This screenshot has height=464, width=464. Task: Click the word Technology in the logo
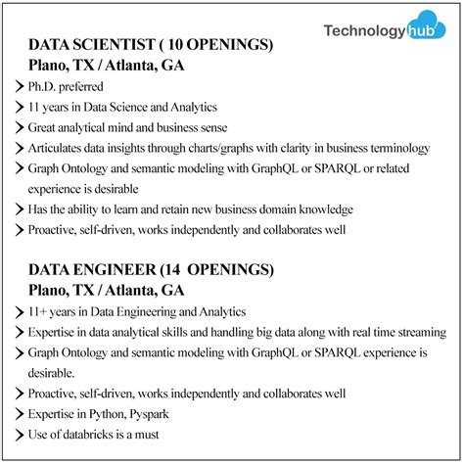click(x=363, y=31)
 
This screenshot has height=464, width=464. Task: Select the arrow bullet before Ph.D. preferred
click(x=21, y=86)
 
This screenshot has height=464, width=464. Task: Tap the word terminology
click(x=396, y=148)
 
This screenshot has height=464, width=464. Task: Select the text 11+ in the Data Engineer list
click(x=40, y=311)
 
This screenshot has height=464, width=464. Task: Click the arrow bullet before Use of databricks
click(x=21, y=435)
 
